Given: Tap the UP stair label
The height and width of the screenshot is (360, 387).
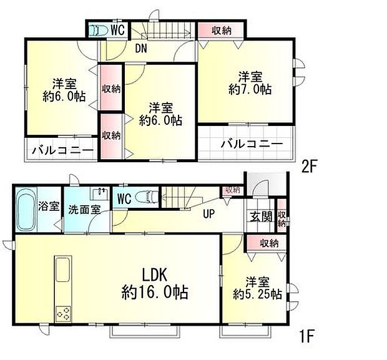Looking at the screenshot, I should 208,215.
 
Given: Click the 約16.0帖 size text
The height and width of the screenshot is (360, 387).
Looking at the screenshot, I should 155,291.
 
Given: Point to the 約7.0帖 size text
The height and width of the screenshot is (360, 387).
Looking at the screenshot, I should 250,89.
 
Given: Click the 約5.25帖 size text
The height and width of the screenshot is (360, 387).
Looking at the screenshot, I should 257,293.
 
